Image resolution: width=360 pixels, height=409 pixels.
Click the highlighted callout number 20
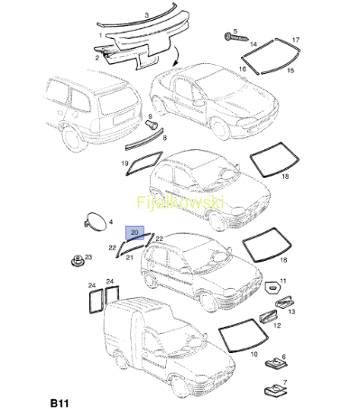(134, 233)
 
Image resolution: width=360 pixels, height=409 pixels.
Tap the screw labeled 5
(236, 38)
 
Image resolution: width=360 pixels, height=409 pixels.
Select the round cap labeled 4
(96, 222)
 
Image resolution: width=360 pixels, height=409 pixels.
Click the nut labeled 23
(78, 260)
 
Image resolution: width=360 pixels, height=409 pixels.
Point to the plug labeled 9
(152, 124)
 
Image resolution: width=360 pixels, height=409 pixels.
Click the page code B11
(60, 403)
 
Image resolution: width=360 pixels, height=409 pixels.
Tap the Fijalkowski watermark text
(180, 202)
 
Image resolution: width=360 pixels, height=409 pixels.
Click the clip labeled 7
(275, 390)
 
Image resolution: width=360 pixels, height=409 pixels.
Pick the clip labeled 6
(274, 364)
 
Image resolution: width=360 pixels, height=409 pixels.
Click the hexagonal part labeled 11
(272, 288)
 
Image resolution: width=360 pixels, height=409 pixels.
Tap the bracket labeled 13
(284, 302)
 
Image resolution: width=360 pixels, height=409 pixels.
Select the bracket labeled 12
(268, 317)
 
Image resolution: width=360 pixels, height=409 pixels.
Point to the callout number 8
(165, 138)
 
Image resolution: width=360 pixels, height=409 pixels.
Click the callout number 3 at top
(147, 15)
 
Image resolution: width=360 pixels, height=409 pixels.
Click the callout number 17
(296, 40)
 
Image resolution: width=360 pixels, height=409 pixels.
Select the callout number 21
(129, 257)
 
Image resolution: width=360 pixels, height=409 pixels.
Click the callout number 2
(97, 58)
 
